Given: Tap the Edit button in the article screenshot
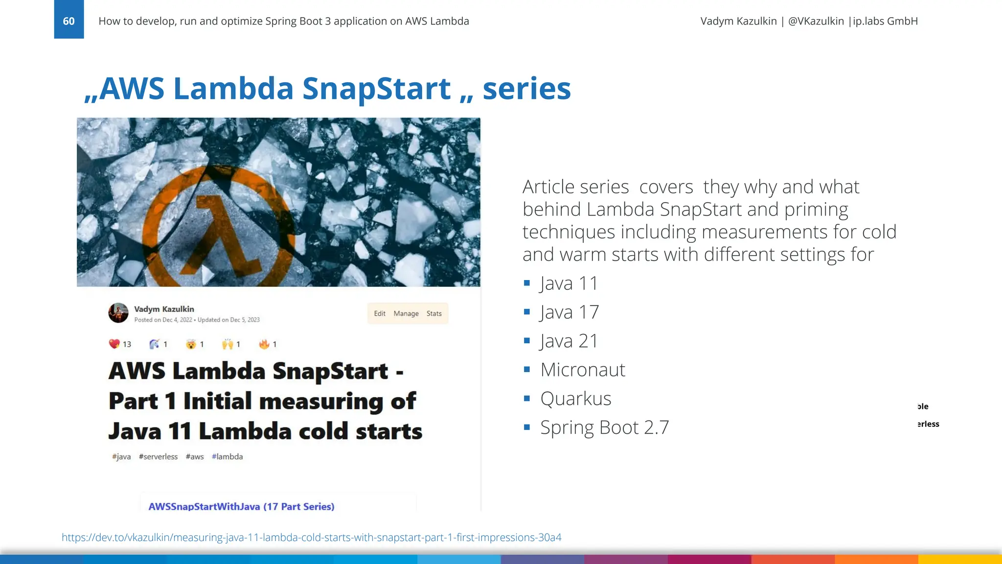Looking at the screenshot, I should coord(380,313).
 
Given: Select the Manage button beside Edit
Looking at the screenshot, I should coord(406,313).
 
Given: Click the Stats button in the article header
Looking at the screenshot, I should coord(434,313).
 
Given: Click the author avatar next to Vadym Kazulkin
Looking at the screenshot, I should coord(118,313).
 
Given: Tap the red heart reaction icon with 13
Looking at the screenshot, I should coord(114,344).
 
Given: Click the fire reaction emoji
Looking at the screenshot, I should coord(264,344).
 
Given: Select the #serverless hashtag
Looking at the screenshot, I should coord(158,456).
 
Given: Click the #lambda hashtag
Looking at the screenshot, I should coord(227,456).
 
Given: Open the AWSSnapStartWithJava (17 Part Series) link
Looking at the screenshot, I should coord(241,506).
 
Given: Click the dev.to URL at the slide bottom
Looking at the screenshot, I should coord(311,537).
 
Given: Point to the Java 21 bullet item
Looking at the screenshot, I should coord(569,341).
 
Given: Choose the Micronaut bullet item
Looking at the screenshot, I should coord(582,370).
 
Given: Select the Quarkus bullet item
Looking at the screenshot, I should coord(575,399).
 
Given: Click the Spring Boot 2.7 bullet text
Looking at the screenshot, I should coord(604,427).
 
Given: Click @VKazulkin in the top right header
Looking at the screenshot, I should coord(816,21).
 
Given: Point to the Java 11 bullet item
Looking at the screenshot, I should coord(569,283).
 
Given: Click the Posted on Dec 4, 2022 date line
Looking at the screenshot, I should coord(163,320).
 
